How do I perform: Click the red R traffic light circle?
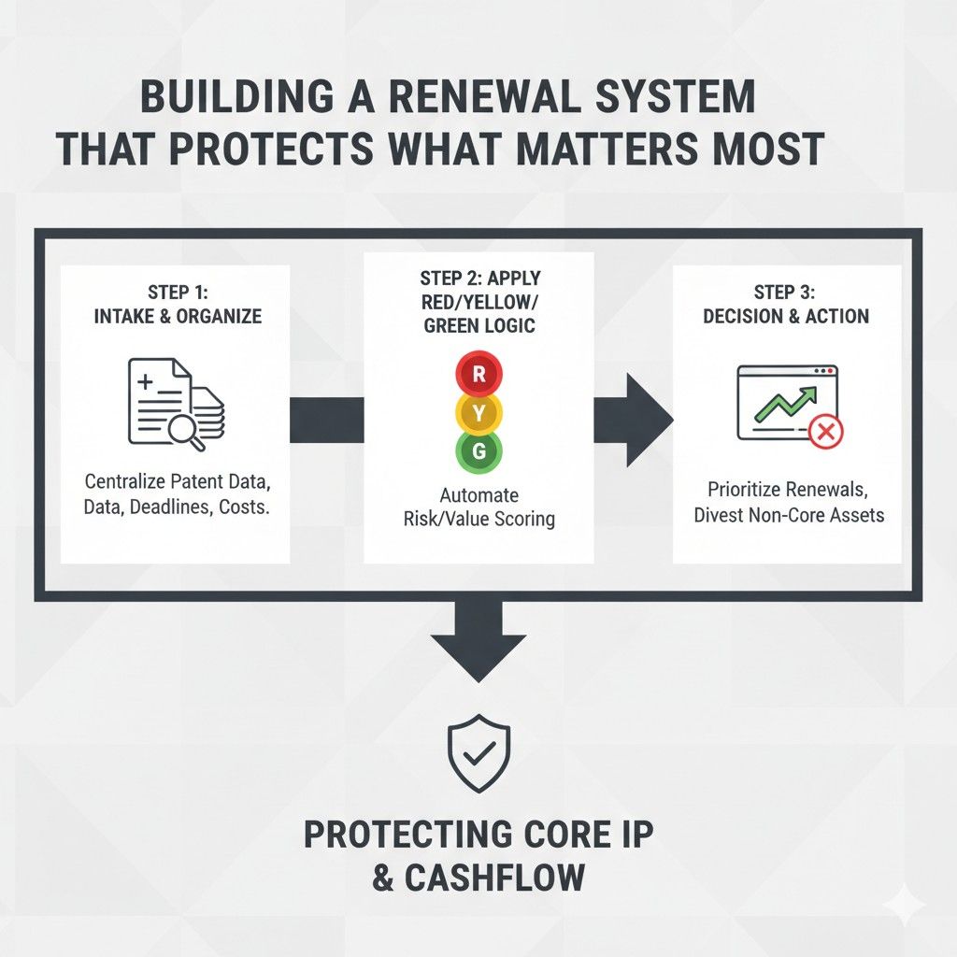click(x=478, y=375)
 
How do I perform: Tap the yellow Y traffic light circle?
click(x=478, y=413)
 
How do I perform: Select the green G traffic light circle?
click(x=478, y=451)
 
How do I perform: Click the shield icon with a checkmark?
click(x=478, y=753)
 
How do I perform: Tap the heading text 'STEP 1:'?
click(x=178, y=291)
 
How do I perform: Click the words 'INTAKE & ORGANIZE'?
click(x=178, y=316)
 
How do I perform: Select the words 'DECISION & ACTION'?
click(x=787, y=316)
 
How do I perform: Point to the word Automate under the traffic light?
click(x=478, y=494)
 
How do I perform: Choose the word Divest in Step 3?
click(x=724, y=515)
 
